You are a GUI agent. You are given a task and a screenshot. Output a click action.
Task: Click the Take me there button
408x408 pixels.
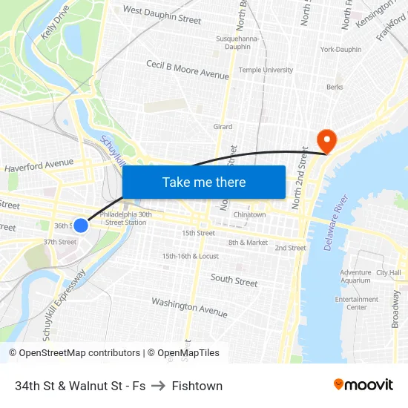[x=204, y=182]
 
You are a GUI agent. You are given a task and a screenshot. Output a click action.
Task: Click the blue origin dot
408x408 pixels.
[x=81, y=225]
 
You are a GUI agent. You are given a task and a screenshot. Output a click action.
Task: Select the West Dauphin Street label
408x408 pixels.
[x=162, y=15]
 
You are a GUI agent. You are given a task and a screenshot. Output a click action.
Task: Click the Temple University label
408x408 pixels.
[x=266, y=70]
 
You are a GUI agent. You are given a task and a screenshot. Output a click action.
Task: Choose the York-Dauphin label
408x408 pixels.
[x=340, y=50]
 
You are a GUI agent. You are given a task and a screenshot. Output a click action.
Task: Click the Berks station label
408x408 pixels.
[x=335, y=87]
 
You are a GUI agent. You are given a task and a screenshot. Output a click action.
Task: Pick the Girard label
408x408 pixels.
[x=223, y=127]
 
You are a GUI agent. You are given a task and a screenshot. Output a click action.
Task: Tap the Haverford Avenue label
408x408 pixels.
[x=39, y=165]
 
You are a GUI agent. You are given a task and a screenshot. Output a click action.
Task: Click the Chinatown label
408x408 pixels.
[x=249, y=214]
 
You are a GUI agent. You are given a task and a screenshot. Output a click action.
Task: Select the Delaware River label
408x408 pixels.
[x=337, y=223]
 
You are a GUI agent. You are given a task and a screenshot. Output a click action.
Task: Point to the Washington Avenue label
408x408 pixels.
[x=185, y=306]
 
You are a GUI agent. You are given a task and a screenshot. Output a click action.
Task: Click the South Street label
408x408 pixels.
[x=234, y=280]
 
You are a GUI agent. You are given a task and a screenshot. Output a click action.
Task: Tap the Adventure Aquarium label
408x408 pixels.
[x=355, y=277]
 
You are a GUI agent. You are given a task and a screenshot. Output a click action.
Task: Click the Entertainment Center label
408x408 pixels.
[x=356, y=303]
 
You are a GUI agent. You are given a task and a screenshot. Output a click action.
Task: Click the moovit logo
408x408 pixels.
[x=363, y=385]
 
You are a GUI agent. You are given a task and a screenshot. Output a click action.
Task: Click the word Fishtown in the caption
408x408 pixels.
[x=197, y=386]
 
